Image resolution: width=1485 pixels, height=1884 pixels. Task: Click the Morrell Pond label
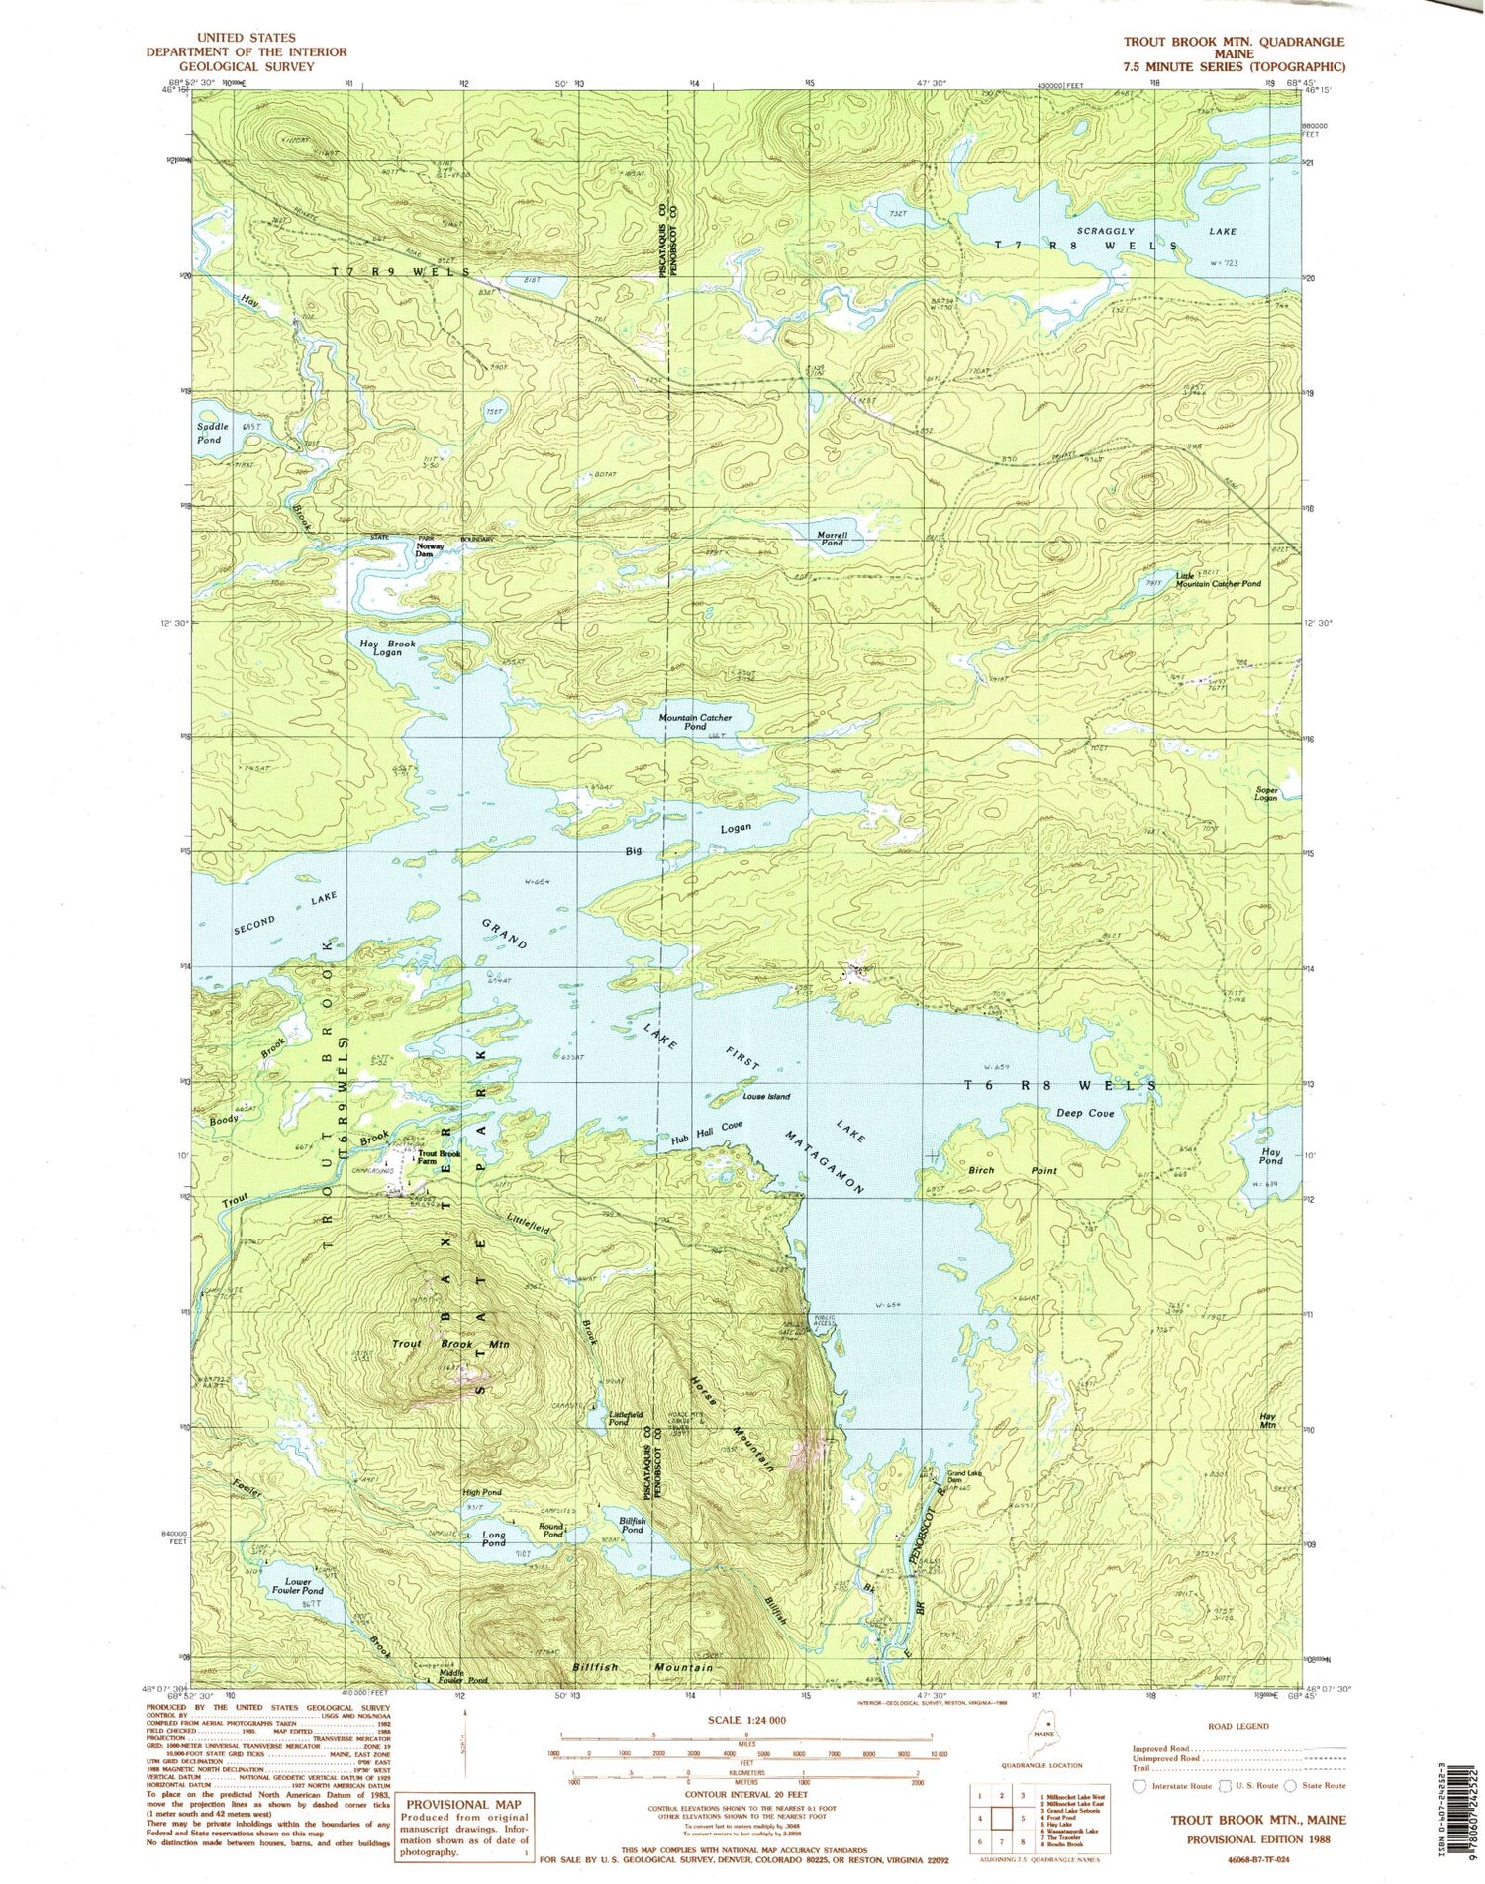(831, 538)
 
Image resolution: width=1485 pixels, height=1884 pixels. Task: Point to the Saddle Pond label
(213, 433)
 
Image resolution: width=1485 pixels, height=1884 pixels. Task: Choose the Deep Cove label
(1085, 1113)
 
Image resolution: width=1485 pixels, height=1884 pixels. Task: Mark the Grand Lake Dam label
(963, 1476)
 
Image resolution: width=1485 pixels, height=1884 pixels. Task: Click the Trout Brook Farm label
(439, 1157)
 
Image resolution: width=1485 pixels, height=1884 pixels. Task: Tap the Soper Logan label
(1266, 794)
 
